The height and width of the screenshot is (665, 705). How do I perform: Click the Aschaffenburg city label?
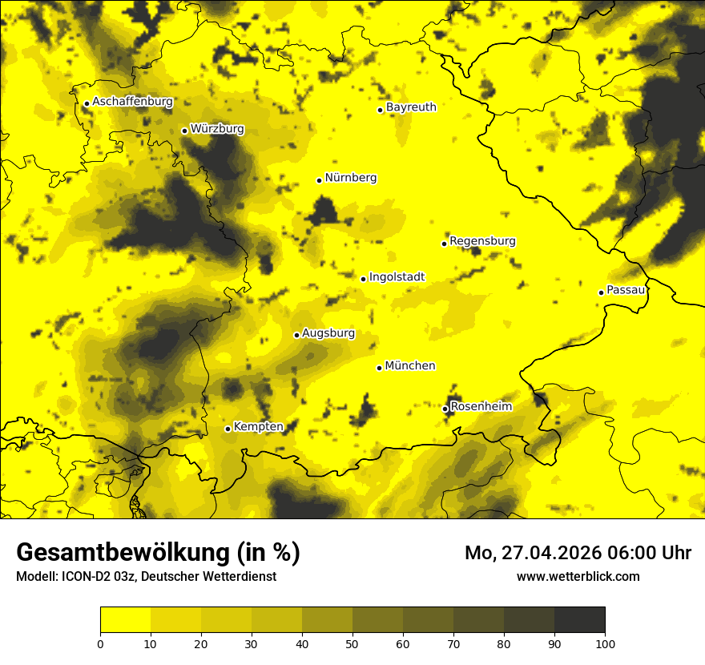coord(132,102)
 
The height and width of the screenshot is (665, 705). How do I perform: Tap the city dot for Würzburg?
coord(184,131)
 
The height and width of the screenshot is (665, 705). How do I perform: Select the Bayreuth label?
coord(411,107)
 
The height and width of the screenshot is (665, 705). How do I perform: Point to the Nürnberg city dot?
coord(319,180)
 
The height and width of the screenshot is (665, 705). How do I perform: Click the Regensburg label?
coord(482,241)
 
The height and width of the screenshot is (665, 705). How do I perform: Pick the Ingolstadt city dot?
coord(363,279)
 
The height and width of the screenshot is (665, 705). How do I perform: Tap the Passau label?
coord(626,290)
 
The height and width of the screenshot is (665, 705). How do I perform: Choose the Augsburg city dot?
coord(296,335)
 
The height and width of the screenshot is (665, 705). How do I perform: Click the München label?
coord(410,366)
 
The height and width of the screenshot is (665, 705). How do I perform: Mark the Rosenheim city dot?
coord(445,409)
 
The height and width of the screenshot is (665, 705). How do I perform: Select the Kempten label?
coord(259,426)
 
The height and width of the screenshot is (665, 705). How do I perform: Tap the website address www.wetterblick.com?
coord(578,577)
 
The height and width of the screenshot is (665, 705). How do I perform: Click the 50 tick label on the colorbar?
coord(352,643)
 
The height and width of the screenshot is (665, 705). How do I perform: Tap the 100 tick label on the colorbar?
coord(605,643)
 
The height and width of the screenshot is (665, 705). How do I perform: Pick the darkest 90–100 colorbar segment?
coord(579,620)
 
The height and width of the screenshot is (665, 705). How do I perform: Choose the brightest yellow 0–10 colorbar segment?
coord(126,620)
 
